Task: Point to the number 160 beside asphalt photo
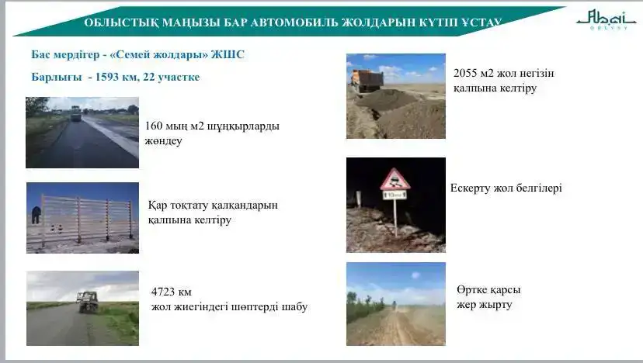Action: (154, 126)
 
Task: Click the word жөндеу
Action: (164, 141)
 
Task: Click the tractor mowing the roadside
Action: (87, 302)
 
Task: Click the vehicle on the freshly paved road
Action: (75, 113)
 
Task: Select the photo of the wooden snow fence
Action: (82, 218)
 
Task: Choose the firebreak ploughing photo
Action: (395, 303)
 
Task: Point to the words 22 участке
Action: (172, 77)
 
